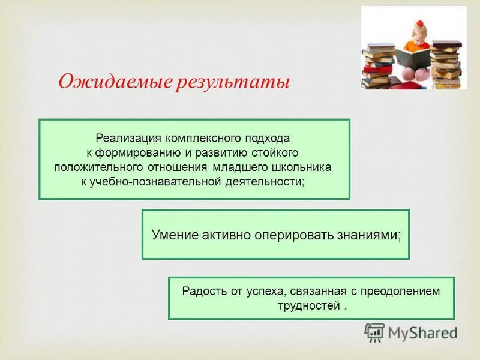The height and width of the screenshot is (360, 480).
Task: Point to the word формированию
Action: click(138, 152)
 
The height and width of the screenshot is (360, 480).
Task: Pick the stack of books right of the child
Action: click(446, 64)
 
